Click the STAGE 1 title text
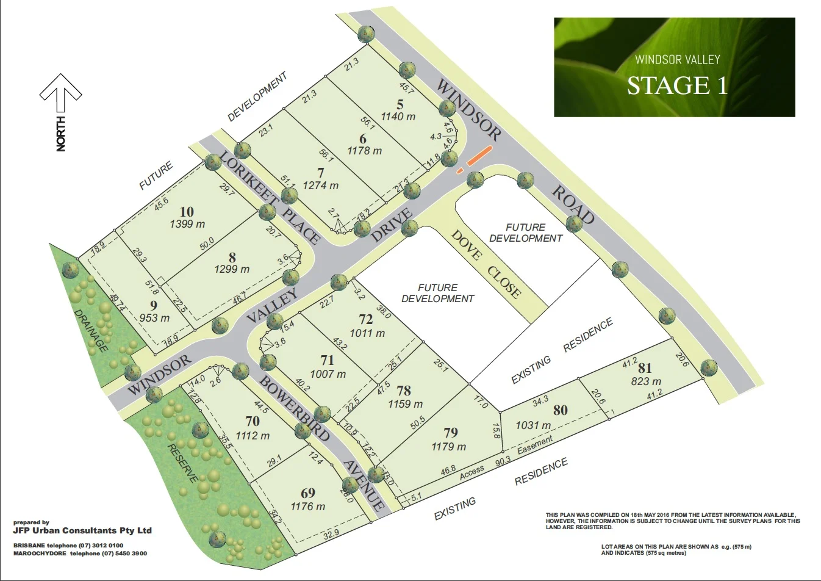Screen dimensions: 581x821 click(x=677, y=85)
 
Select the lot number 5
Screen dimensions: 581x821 click(x=400, y=104)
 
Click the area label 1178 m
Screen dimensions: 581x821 click(x=365, y=151)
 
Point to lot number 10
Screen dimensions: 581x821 click(x=187, y=212)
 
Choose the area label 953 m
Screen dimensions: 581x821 click(x=154, y=317)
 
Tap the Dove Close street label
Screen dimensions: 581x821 click(x=486, y=264)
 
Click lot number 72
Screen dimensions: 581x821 click(x=366, y=320)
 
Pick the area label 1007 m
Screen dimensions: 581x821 click(x=328, y=374)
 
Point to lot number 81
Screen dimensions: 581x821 click(x=645, y=369)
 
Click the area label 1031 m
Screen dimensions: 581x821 click(x=533, y=425)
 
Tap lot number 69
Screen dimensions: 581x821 click(x=308, y=493)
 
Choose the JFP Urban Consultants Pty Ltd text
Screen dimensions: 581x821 click(x=82, y=530)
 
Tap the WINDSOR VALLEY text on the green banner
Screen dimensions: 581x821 click(x=677, y=60)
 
